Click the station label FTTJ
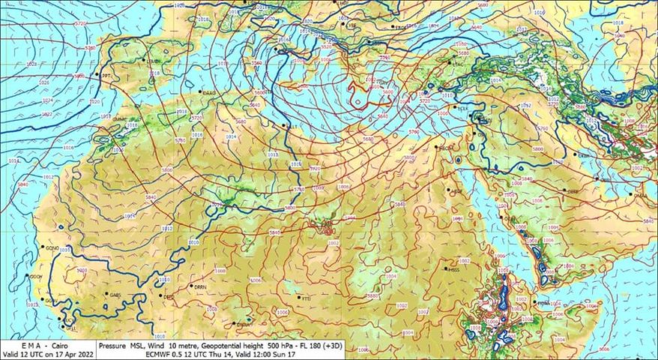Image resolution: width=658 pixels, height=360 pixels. pyautogui.click(x=306, y=298)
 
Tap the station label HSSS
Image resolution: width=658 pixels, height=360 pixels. pyautogui.click(x=453, y=268)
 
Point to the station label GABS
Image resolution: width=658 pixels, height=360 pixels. pyautogui.click(x=115, y=295)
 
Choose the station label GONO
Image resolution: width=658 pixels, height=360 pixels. pyautogui.click(x=52, y=247)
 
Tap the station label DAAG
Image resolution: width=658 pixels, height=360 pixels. pyautogui.click(x=209, y=91)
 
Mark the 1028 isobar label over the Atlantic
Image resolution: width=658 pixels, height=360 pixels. pyautogui.click(x=31, y=65)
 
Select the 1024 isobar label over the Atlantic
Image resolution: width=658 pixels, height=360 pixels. pyautogui.click(x=46, y=100)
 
